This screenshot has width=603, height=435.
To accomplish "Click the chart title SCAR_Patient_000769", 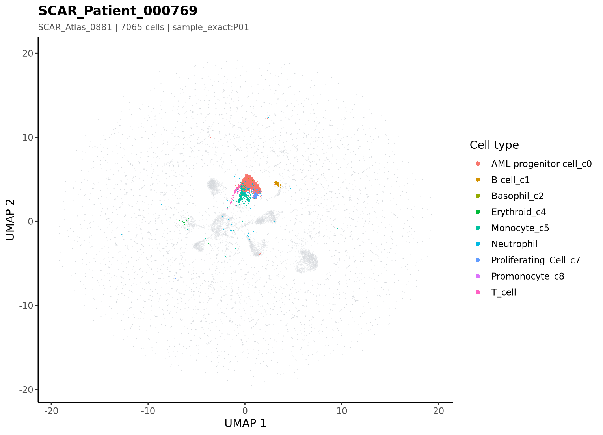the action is tap(118, 11).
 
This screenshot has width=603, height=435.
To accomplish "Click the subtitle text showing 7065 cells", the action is tap(142, 27).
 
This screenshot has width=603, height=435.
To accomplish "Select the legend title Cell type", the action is tap(494, 145).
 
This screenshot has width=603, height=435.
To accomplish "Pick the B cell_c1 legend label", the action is tap(510, 180).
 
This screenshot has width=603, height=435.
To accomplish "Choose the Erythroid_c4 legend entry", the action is tap(519, 212).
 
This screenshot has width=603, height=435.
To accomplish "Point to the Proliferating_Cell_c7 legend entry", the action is tap(536, 260).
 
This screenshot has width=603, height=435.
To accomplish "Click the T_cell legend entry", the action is tap(504, 292).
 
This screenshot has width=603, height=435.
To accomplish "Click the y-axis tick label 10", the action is tap(28, 137).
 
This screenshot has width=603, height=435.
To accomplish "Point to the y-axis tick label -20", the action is tap(26, 390).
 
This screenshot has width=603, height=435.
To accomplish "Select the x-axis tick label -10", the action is tap(148, 411).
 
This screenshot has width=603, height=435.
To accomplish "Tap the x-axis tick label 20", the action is tap(439, 411).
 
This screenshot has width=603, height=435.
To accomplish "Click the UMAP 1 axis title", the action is tap(246, 424).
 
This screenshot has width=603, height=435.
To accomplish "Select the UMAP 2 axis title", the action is tap(10, 220).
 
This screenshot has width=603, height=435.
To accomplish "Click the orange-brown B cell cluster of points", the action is tap(277, 184).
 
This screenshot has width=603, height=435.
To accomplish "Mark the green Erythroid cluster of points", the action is tap(185, 222).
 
